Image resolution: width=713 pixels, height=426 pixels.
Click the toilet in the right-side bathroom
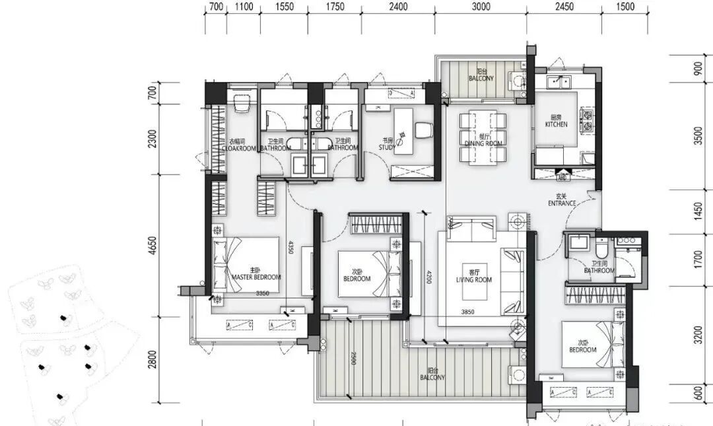[601, 248]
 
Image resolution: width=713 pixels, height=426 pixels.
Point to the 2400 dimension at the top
[398, 7]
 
